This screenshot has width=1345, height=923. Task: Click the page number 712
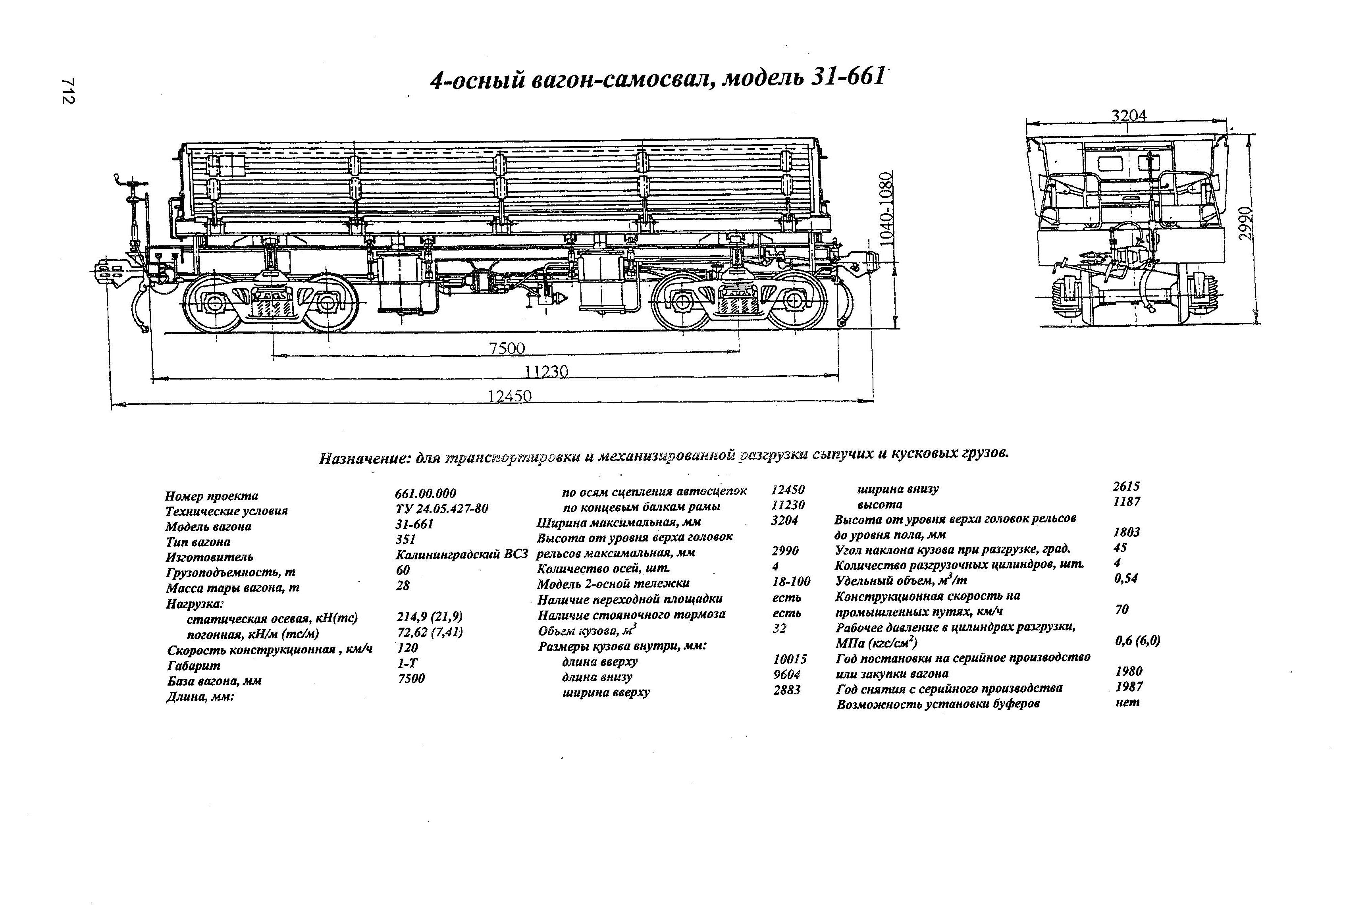point(68,91)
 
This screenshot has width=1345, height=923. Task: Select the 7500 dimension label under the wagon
point(507,349)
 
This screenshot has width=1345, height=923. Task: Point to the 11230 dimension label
point(546,371)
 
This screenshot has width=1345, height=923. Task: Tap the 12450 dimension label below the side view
point(509,397)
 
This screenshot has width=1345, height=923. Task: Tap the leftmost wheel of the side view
point(212,302)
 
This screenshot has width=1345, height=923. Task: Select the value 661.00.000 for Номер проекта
point(426,493)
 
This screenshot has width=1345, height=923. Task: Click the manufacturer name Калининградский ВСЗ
point(462,554)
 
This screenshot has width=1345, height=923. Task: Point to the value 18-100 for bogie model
point(791,582)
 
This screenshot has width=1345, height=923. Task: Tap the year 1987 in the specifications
point(1129,687)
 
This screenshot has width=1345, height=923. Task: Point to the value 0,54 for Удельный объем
point(1125,578)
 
